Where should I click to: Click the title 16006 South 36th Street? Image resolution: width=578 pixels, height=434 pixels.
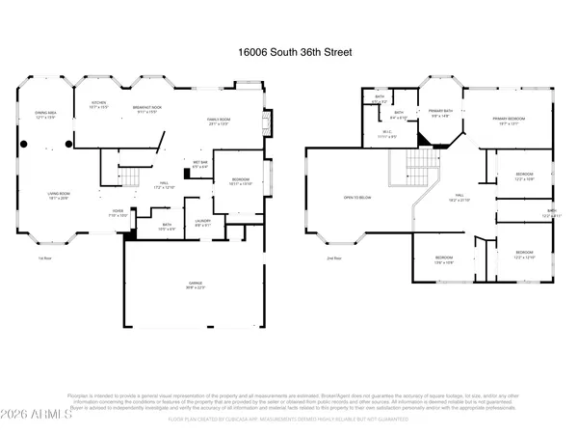(x=288, y=55)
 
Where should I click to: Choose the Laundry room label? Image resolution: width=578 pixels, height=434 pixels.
(x=201, y=222)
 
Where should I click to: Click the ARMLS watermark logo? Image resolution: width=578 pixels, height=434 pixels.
(x=31, y=416)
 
